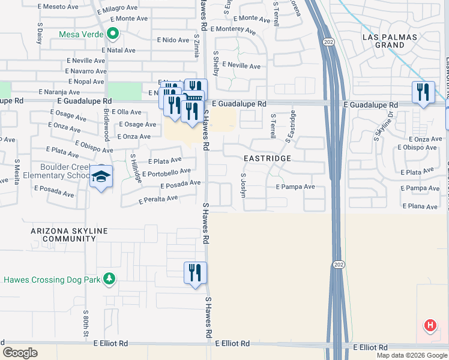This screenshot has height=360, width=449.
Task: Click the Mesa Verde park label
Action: point(80,34)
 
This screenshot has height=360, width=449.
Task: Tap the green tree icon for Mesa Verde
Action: point(112,34)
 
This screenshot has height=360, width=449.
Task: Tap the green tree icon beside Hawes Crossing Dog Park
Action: point(109,279)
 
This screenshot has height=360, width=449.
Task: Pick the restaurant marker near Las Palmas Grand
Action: point(423,92)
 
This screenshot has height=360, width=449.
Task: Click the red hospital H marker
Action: point(430,326)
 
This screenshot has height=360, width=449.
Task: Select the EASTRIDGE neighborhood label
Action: point(267,158)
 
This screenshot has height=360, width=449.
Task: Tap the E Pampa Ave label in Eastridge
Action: point(295,187)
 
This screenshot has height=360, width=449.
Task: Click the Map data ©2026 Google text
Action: point(412,355)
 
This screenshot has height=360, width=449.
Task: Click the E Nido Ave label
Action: point(173,40)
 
